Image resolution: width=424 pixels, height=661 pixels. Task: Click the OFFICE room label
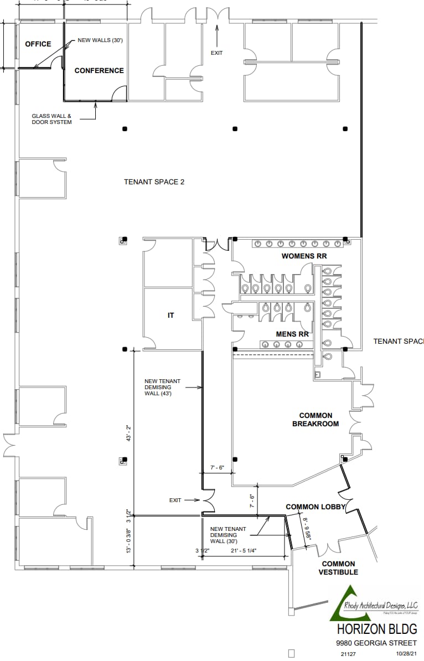point(38,44)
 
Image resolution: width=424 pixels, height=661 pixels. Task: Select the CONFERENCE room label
point(99,71)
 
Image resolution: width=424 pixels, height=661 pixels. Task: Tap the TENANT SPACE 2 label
point(154,182)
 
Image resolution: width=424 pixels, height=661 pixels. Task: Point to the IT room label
point(171,316)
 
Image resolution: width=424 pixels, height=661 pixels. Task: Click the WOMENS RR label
point(304,256)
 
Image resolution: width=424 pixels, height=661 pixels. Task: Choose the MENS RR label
point(292,334)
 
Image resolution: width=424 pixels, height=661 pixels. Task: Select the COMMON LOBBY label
point(316,507)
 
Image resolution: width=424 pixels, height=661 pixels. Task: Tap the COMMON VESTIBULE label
point(338,568)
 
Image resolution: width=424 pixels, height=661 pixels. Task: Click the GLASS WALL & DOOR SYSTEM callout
point(51,119)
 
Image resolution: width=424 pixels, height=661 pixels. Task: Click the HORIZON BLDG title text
point(376,630)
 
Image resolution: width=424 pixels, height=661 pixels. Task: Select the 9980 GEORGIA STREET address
point(376,643)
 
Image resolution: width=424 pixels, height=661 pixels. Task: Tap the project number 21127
point(348,654)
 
